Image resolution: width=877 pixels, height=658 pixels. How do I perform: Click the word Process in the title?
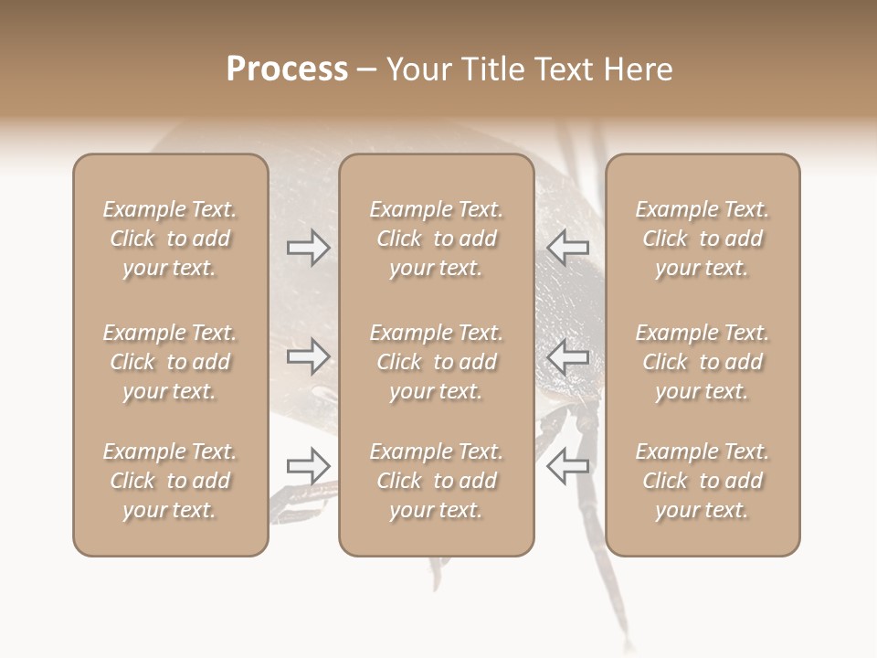pyautogui.click(x=287, y=69)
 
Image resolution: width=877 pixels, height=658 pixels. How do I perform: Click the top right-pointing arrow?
pyautogui.click(x=309, y=247)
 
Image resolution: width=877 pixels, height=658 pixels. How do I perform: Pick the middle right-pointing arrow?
pyautogui.click(x=309, y=356)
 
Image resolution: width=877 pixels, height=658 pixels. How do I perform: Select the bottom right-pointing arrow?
pyautogui.click(x=309, y=466)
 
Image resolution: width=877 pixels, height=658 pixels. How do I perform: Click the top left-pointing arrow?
pyautogui.click(x=567, y=247)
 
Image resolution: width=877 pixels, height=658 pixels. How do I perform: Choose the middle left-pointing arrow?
pyautogui.click(x=567, y=356)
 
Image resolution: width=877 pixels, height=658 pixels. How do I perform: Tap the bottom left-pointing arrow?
pyautogui.click(x=567, y=466)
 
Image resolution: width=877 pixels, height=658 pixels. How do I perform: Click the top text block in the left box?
pyautogui.click(x=170, y=239)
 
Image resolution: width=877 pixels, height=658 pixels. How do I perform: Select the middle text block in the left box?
pyautogui.click(x=170, y=362)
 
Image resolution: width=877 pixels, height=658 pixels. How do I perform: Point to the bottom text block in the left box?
pyautogui.click(x=170, y=481)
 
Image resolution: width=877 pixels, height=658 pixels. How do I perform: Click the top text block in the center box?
pyautogui.click(x=436, y=239)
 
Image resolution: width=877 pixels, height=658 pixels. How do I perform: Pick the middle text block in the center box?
pyautogui.click(x=436, y=362)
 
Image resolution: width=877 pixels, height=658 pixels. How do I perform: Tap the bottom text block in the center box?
pyautogui.click(x=436, y=481)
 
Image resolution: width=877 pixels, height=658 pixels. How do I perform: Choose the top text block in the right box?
pyautogui.click(x=702, y=239)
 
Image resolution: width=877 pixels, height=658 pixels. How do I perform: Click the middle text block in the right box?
pyautogui.click(x=702, y=362)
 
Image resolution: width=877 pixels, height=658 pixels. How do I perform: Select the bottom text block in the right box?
pyautogui.click(x=702, y=481)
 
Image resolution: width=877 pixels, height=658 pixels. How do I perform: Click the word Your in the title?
pyautogui.click(x=416, y=69)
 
